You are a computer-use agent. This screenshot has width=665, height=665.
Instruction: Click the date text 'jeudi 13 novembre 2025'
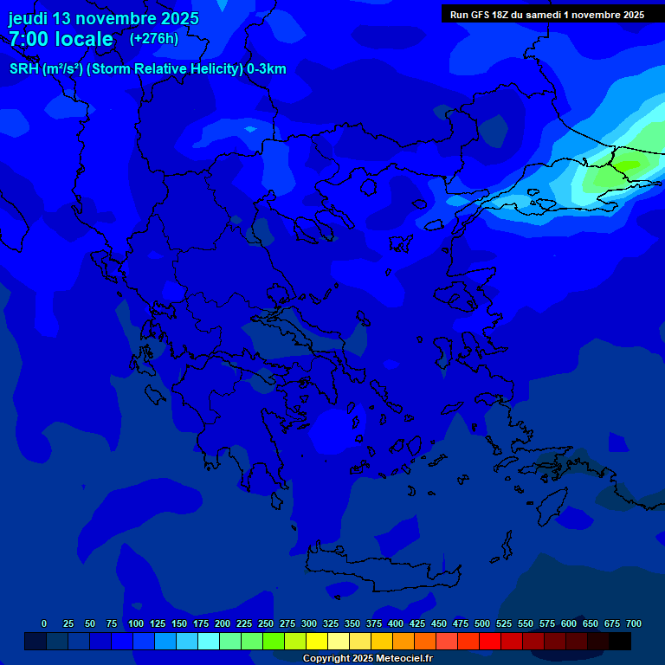103,18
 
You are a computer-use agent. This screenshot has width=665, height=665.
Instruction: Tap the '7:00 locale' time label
61,39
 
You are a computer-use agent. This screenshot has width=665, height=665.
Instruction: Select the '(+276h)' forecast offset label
154,38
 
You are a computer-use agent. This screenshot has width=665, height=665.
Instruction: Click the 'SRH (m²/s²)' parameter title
45,69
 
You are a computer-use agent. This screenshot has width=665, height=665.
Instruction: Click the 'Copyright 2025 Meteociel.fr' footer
367,658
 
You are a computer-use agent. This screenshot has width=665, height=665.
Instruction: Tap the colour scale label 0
44,623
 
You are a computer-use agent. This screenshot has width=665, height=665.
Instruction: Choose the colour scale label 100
136,623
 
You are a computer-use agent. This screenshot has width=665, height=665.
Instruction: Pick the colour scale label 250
266,623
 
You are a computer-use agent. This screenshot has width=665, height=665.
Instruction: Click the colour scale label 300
309,623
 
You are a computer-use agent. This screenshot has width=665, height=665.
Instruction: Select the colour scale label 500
482,623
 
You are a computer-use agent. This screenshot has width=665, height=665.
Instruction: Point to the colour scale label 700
633,623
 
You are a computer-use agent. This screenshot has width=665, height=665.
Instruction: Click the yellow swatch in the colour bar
317,642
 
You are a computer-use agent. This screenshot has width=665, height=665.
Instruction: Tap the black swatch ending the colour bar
620,642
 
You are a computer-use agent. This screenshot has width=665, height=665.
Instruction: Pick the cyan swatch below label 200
209,642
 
